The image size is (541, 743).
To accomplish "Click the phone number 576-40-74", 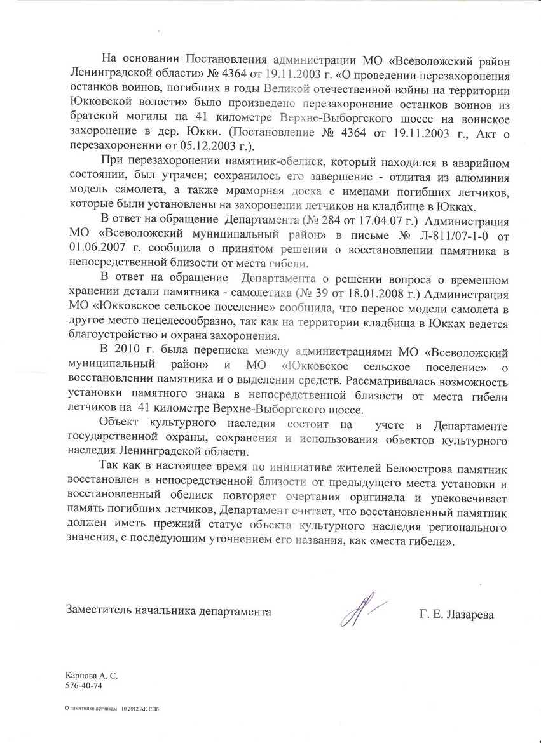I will [83, 686].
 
